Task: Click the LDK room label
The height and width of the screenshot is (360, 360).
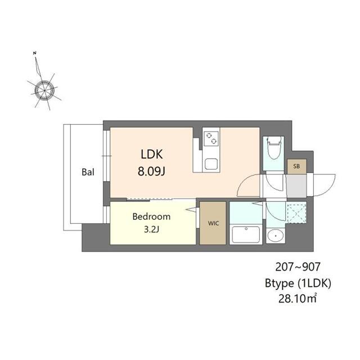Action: (152, 154)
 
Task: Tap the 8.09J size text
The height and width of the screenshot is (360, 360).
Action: (151, 171)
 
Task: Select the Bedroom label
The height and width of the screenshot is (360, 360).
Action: (151, 217)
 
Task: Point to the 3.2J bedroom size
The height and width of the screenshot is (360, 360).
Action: (151, 229)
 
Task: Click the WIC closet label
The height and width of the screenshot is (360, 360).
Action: (213, 223)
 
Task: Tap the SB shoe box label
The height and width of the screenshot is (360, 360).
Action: (296, 166)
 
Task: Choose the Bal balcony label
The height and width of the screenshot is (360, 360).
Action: (88, 172)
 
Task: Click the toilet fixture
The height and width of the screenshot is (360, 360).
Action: (274, 147)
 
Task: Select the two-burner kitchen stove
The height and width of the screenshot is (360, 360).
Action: (211, 139)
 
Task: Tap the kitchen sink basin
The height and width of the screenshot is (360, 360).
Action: (211, 164)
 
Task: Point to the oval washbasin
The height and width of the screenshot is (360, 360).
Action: (276, 236)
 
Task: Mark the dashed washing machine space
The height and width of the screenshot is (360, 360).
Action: (296, 213)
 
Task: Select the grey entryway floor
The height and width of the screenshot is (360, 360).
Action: (296, 186)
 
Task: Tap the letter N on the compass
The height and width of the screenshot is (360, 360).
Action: (35, 53)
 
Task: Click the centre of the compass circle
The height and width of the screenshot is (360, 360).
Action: (44, 91)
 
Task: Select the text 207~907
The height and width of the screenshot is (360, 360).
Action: (298, 267)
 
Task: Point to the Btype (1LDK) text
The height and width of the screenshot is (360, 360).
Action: (298, 283)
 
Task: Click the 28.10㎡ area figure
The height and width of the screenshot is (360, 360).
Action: (298, 299)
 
